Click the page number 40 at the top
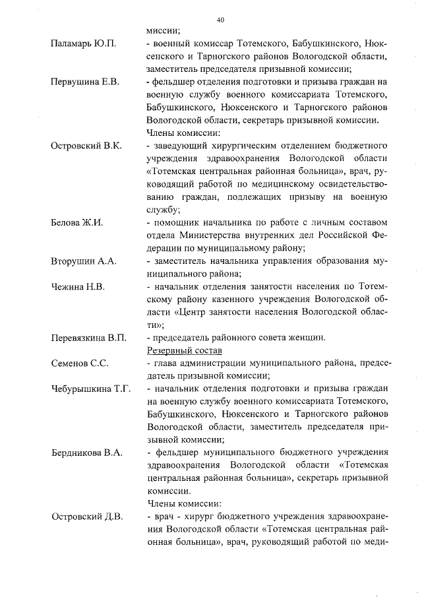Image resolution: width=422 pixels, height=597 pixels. [x=220, y=19]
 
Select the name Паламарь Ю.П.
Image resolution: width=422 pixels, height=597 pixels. [x=83, y=44]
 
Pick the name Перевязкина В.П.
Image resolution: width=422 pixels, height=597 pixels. [x=88, y=338]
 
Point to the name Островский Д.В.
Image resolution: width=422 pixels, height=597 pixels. [x=86, y=517]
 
